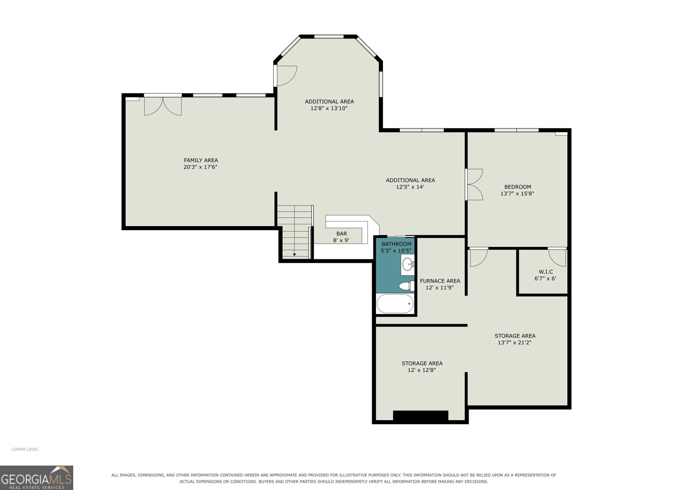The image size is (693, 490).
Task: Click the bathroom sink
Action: point(408,264)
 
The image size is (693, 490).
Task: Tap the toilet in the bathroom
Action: point(407,286)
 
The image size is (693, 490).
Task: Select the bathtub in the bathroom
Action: point(395,304)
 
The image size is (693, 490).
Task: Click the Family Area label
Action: point(201,160)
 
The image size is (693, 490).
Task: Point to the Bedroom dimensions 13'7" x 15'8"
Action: point(517,194)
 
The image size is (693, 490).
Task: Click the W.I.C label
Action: point(546,272)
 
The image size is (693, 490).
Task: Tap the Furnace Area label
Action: point(440,281)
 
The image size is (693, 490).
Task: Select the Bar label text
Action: point(342,234)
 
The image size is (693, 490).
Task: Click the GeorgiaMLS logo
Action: point(36,477)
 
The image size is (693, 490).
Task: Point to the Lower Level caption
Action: point(25,449)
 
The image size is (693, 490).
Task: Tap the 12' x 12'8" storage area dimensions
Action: point(422,370)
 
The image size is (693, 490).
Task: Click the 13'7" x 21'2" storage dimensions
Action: point(515,342)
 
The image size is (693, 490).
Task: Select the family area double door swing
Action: point(163,107)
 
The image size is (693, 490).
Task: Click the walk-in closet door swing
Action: point(557,258)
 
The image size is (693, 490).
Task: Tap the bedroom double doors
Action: point(475,185)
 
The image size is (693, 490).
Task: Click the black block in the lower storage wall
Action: point(421,416)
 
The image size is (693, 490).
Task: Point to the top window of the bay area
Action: point(329,36)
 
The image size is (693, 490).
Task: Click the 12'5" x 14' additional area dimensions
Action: point(410,187)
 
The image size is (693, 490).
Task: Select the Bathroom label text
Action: point(396,244)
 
